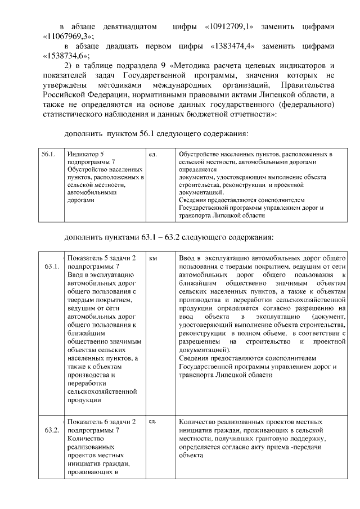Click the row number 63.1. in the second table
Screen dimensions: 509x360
coord(52,266)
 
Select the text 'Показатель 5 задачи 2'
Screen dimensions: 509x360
coord(101,258)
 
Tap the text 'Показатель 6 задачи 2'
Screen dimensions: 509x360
coord(101,422)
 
